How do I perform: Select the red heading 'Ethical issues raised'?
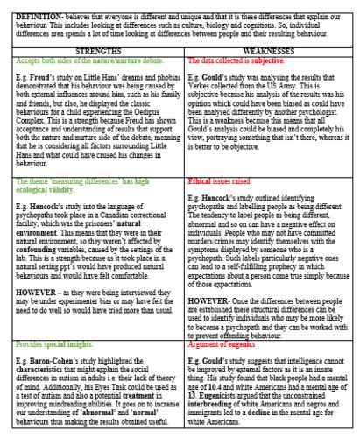click(x=220, y=203)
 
